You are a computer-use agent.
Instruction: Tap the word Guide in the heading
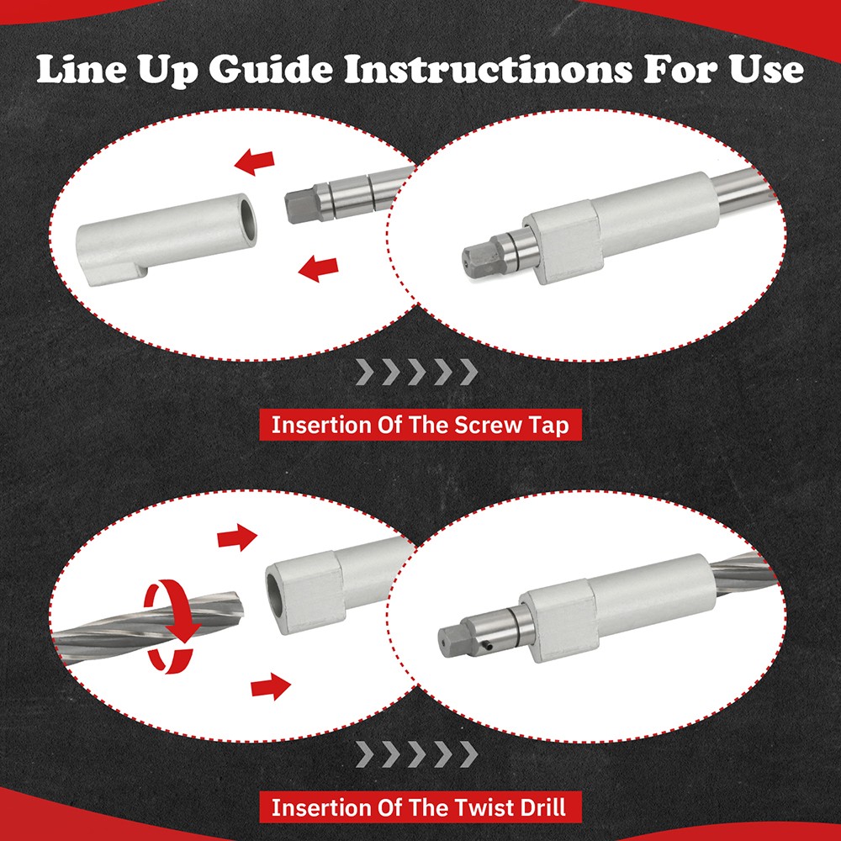point(270,70)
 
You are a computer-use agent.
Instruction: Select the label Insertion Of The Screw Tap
point(420,426)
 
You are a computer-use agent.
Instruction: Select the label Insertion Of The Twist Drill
point(420,807)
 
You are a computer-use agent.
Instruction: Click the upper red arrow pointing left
point(255,162)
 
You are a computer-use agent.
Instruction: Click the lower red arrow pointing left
point(319,267)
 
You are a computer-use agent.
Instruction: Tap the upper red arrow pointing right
point(237,537)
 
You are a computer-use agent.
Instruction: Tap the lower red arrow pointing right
point(271,686)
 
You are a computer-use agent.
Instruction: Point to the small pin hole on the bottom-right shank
point(488,646)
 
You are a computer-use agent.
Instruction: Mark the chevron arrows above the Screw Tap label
point(417,373)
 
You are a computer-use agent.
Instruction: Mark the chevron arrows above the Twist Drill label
point(417,754)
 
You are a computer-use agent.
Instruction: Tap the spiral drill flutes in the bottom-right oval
point(743,572)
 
